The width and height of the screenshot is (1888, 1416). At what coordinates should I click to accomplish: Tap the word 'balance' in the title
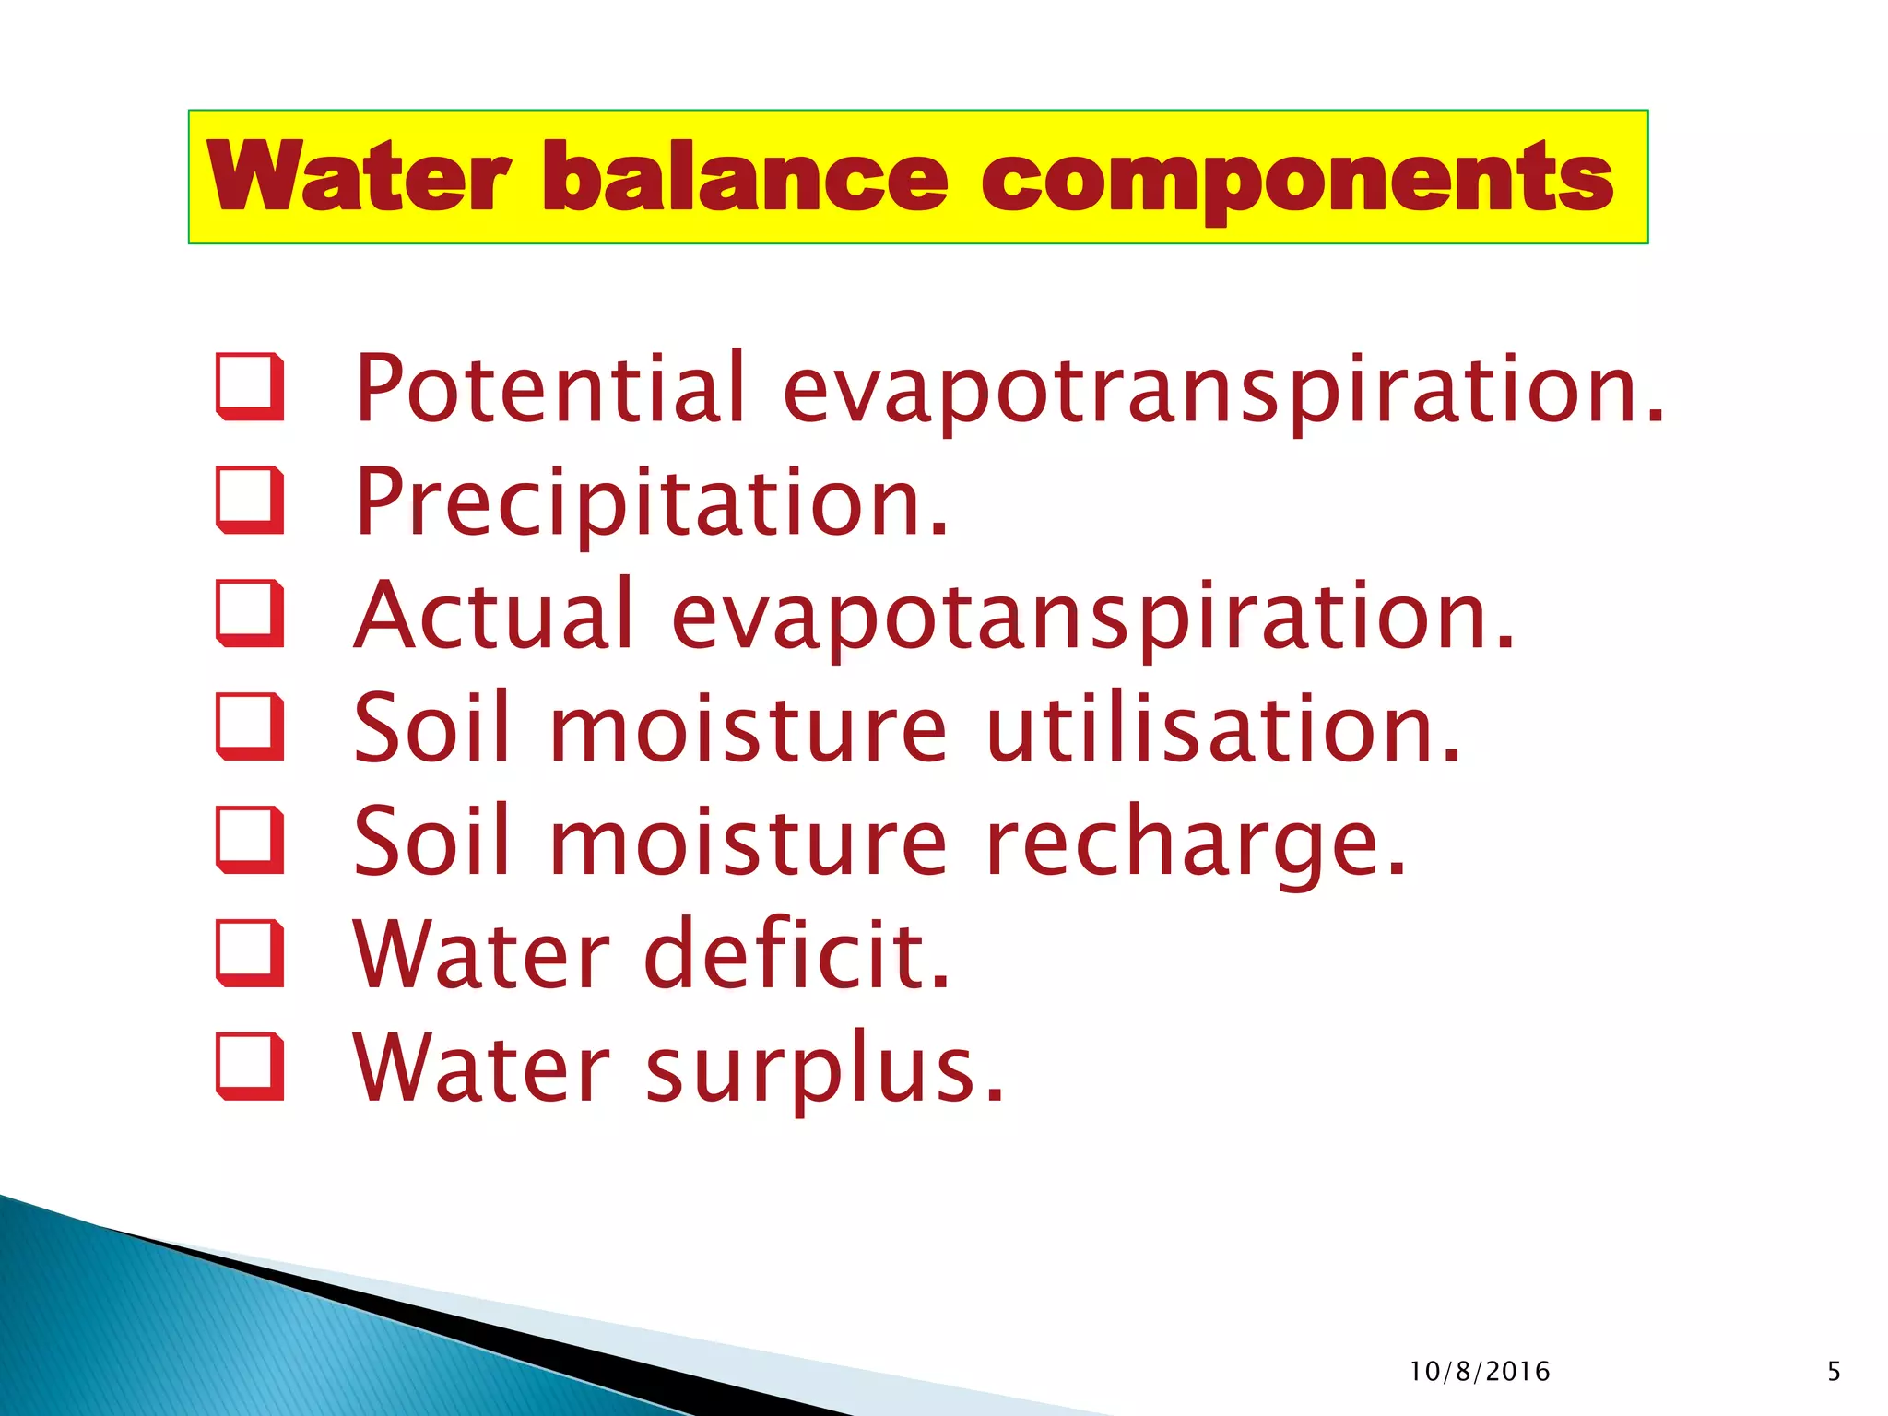tap(745, 176)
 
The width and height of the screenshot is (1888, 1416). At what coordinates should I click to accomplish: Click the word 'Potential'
tap(549, 388)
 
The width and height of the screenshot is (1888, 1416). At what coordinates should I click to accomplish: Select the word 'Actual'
tap(494, 615)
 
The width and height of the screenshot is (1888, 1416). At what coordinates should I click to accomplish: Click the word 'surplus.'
tap(824, 1069)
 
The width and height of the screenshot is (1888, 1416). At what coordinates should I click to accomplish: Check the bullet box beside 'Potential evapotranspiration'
tap(248, 386)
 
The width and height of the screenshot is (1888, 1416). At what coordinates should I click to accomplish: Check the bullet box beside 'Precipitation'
tap(248, 500)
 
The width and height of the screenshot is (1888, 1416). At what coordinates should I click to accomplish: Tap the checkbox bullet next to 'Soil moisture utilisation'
tap(248, 726)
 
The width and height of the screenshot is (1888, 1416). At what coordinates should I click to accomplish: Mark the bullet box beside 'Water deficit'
tap(248, 953)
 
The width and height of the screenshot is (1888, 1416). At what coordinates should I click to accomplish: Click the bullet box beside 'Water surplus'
tap(248, 1067)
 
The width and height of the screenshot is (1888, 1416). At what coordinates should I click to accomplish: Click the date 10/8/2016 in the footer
tap(1480, 1372)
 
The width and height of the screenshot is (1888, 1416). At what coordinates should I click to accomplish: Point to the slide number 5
tap(1834, 1372)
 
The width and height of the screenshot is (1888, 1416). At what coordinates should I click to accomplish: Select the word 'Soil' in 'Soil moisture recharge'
tap(431, 841)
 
